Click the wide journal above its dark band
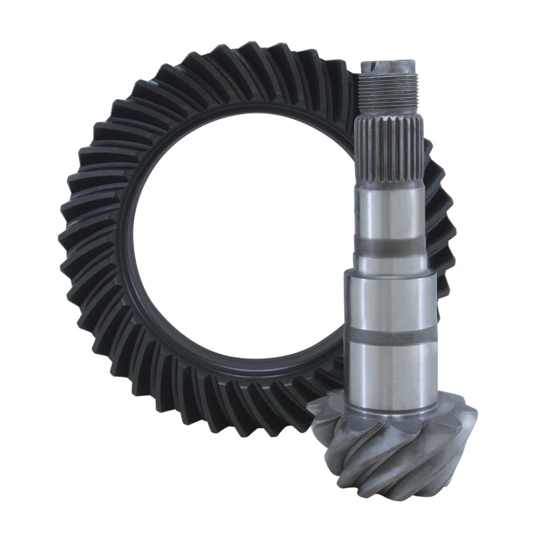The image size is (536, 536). pyautogui.click(x=391, y=295)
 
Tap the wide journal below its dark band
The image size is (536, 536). pyautogui.click(x=391, y=368)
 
